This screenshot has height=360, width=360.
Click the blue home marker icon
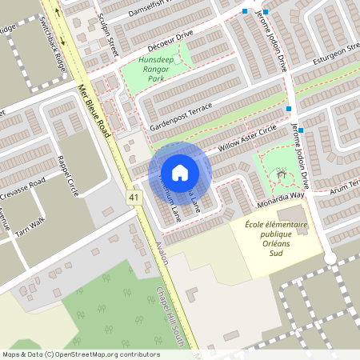180,172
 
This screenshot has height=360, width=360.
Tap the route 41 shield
132,196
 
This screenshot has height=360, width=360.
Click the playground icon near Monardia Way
281,174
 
